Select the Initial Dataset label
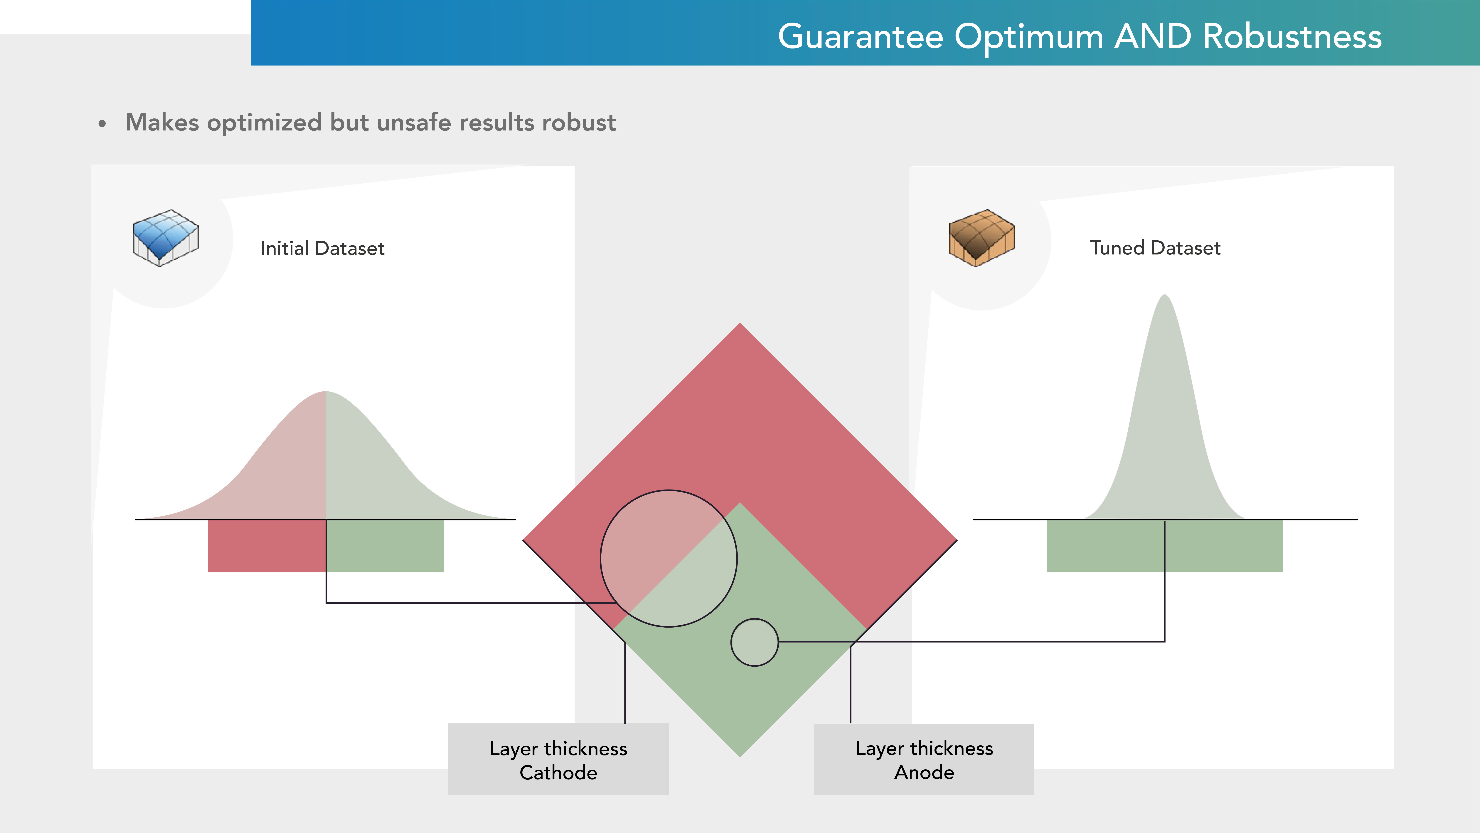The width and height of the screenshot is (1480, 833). click(322, 248)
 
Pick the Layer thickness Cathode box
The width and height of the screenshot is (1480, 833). click(558, 759)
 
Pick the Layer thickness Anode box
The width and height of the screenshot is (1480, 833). click(924, 759)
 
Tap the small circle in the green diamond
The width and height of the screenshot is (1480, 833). click(754, 642)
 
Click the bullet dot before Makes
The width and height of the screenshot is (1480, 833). click(102, 124)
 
